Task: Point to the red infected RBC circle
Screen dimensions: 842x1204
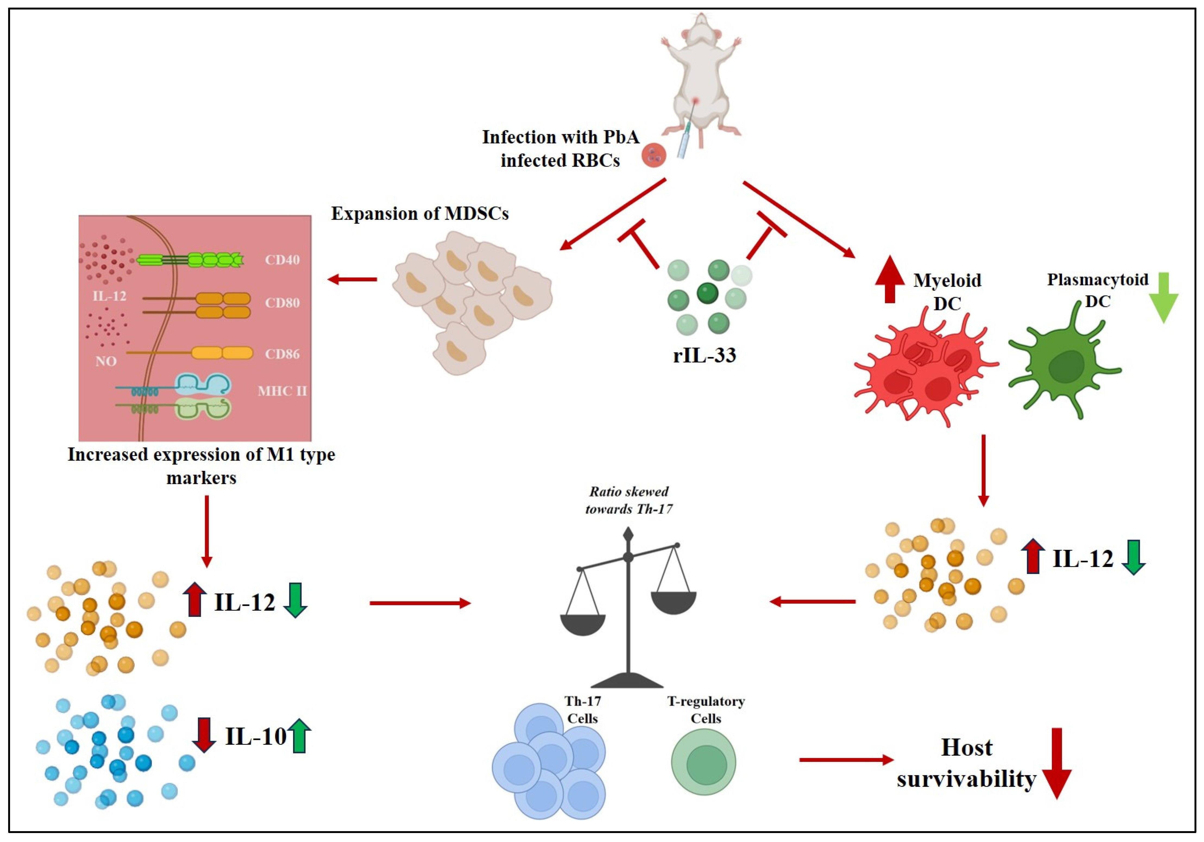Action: tap(654, 155)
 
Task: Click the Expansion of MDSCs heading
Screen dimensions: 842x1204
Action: tap(420, 213)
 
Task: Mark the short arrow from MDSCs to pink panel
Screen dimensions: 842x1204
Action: tap(352, 279)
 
